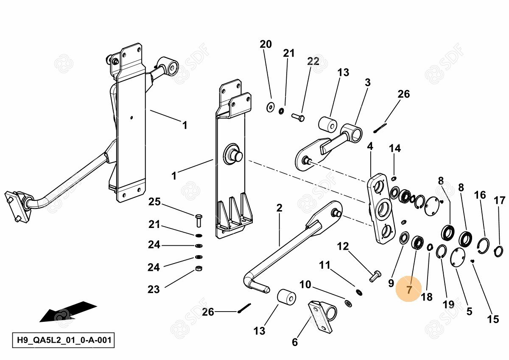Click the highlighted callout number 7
tap(409, 290)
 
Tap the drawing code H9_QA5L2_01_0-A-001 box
tap(64, 340)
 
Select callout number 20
tap(266, 44)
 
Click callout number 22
tap(313, 61)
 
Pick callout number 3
tap(367, 82)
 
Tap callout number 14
tap(394, 148)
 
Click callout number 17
tap(500, 200)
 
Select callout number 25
tap(154, 202)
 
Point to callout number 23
tap(154, 290)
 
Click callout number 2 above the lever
tap(279, 208)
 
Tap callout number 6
tap(295, 342)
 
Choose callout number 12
tap(343, 246)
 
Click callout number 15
tap(493, 319)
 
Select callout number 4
tap(370, 146)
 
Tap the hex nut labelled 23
tap(198, 268)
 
